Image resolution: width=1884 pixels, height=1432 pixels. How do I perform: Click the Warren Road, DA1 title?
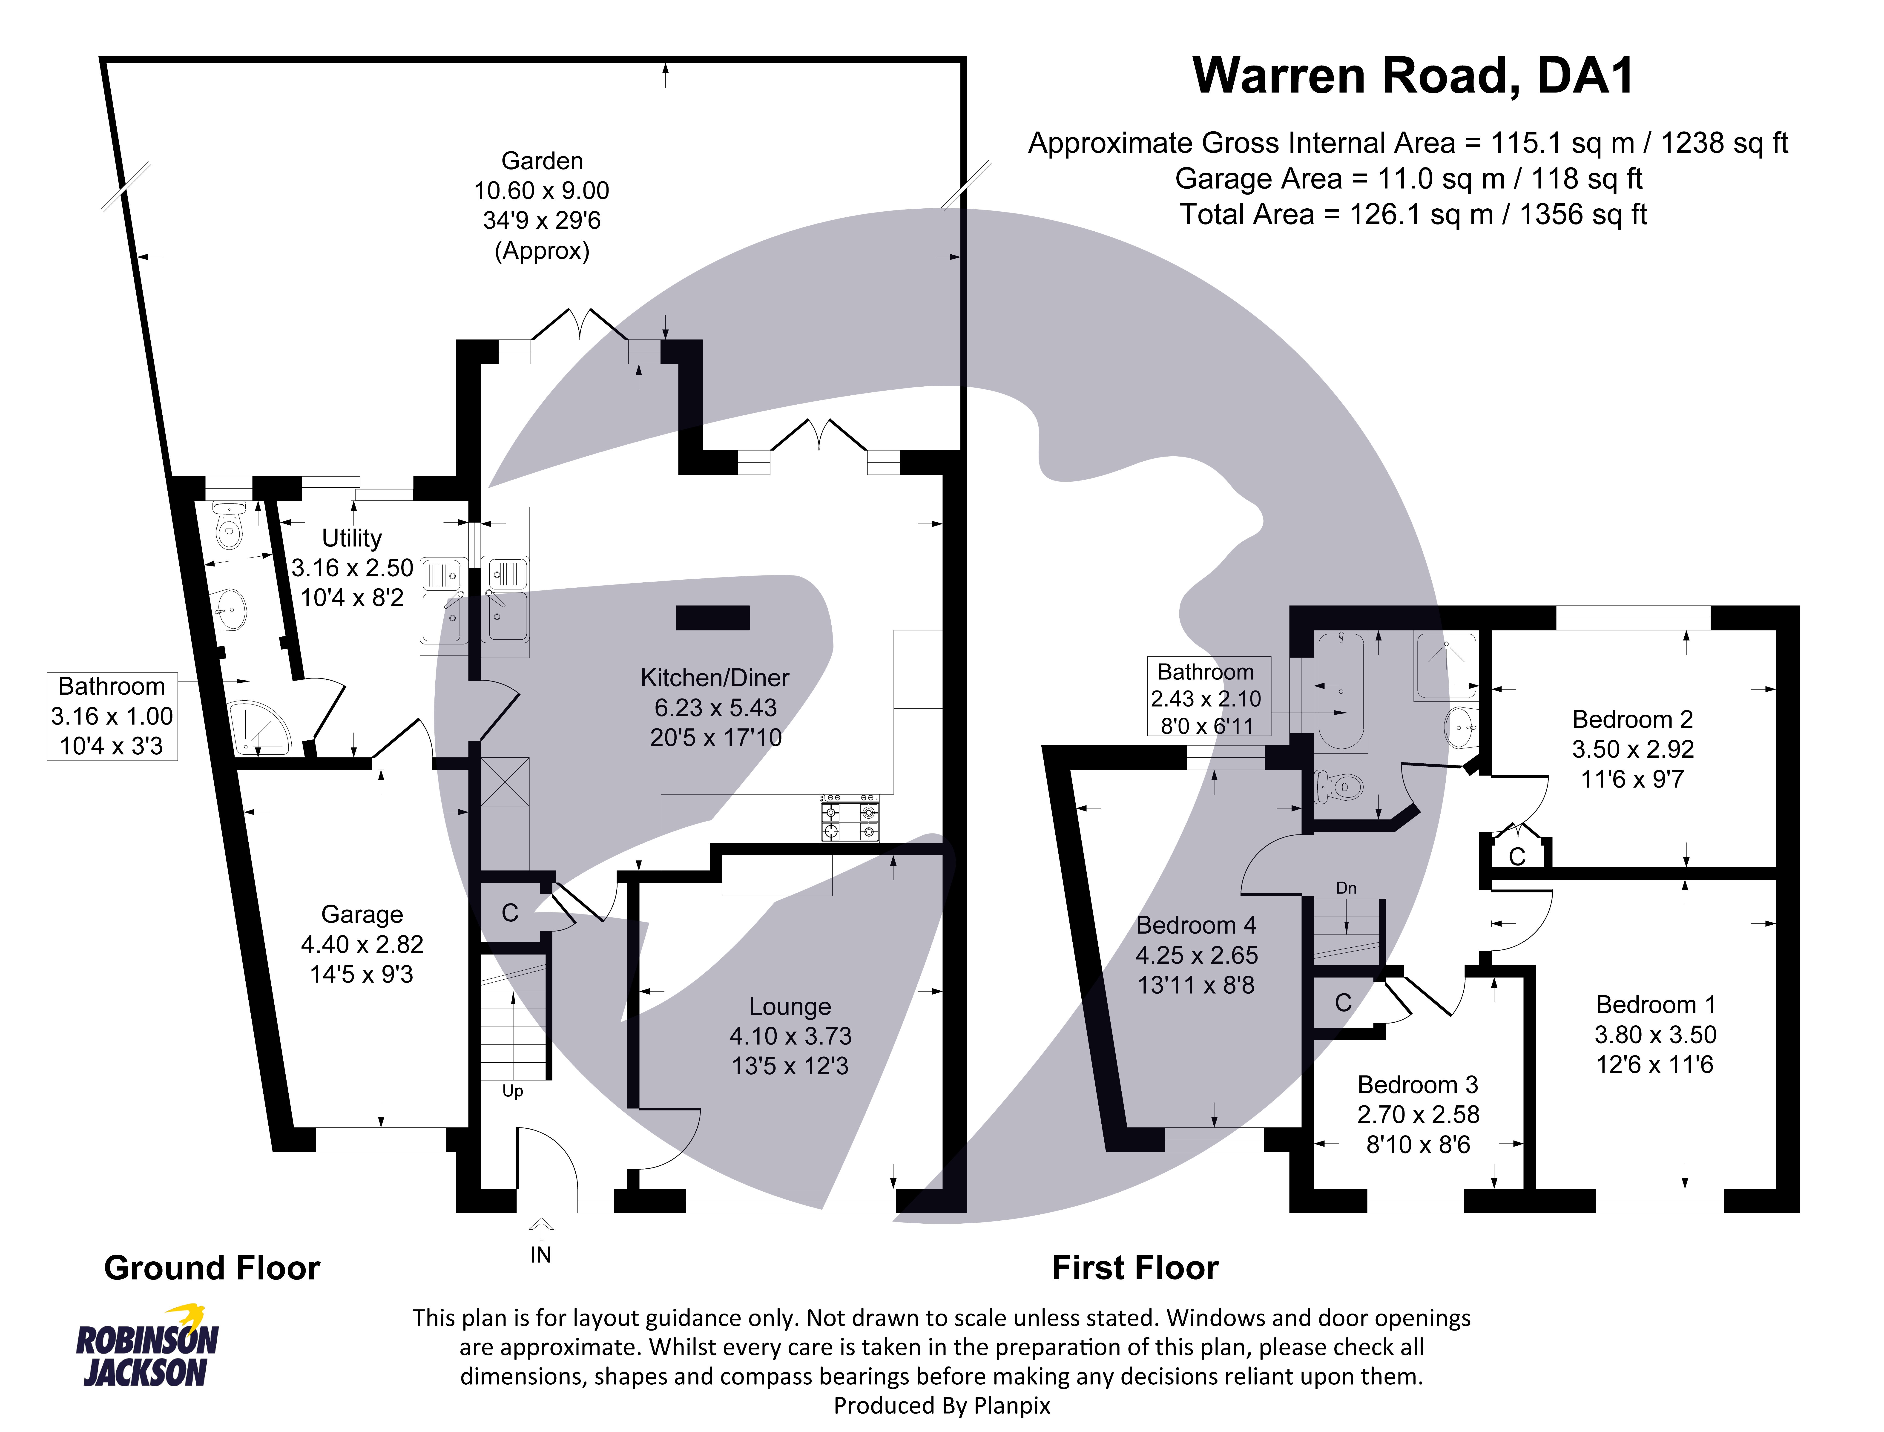(1413, 76)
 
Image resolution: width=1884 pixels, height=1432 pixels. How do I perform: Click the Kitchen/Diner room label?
(714, 678)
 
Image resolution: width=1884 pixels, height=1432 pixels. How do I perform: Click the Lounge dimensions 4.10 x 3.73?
(790, 1036)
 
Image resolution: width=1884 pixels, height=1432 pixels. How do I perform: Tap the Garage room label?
(361, 914)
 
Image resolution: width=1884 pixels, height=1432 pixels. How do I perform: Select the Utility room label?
(351, 538)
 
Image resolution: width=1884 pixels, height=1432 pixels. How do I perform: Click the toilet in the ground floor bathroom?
(228, 529)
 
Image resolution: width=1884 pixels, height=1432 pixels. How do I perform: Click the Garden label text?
(542, 160)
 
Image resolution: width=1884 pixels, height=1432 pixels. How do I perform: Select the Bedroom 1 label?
(1654, 1004)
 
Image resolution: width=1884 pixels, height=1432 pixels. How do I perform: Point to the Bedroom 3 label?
(1417, 1084)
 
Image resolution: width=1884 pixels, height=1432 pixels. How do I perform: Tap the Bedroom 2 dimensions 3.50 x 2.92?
(1632, 748)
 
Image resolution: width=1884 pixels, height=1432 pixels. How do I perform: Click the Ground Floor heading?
(211, 1268)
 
